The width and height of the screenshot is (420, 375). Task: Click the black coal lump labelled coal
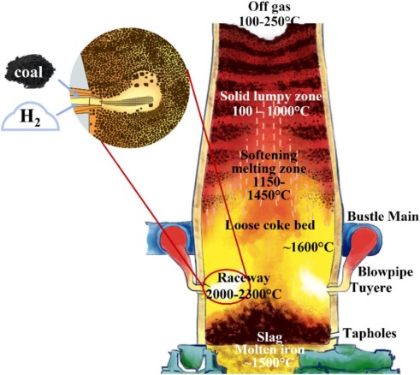30,71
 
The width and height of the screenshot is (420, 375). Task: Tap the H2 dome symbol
30,117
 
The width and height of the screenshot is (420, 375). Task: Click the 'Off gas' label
269,6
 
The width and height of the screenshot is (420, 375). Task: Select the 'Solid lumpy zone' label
270,96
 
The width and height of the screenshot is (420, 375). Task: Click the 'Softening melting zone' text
269,162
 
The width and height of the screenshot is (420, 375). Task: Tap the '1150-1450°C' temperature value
269,188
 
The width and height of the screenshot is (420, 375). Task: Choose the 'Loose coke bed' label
270,225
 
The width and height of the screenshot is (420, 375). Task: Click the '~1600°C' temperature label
308,247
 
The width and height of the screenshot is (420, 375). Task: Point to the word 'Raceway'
244,277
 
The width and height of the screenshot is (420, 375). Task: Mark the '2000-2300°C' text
244,294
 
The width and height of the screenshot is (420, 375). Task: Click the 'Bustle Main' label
383,217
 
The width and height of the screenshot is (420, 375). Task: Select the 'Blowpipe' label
386,272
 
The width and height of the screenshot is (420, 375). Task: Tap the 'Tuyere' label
371,288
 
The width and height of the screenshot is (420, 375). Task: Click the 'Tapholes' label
370,333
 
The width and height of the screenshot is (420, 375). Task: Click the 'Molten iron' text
269,349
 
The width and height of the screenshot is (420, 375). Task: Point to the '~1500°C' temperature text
269,362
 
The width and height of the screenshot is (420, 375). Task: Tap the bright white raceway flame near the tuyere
314,283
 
